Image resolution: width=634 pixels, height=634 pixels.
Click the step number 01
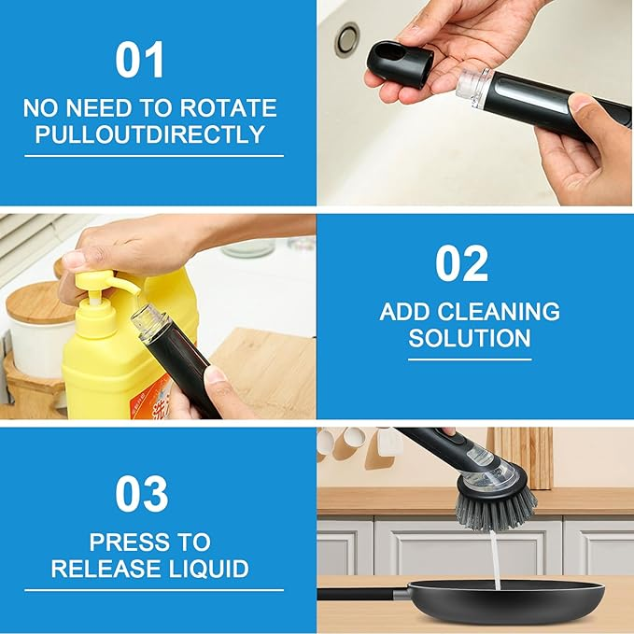(x=139, y=60)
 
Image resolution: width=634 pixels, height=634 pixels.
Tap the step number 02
(x=462, y=263)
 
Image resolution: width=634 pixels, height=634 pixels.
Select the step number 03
(x=142, y=494)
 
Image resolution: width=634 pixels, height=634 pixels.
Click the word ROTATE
(x=228, y=108)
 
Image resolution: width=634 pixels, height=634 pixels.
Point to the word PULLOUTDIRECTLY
(x=149, y=134)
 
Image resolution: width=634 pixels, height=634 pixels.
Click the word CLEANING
(x=499, y=311)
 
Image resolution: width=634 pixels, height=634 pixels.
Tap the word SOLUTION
(x=470, y=338)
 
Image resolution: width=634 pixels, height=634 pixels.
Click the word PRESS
(x=127, y=542)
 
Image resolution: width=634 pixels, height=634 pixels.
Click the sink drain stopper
(x=347, y=39)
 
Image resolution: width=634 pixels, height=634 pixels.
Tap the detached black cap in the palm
(x=400, y=63)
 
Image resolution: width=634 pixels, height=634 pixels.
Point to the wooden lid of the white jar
(x=38, y=303)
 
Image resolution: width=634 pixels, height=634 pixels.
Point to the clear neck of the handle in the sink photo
(x=474, y=90)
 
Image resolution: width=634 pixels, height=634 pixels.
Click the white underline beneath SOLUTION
(x=470, y=359)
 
